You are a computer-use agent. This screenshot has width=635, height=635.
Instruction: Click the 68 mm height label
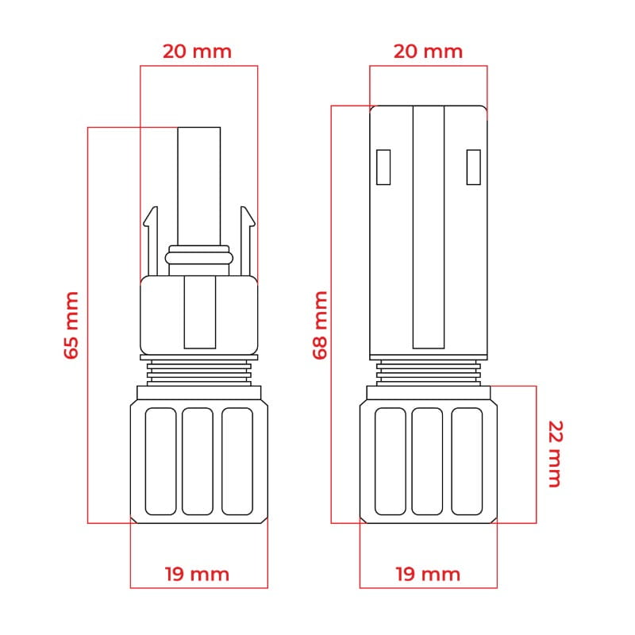[x=320, y=325]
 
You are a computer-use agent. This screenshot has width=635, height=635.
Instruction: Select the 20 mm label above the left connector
[x=197, y=52]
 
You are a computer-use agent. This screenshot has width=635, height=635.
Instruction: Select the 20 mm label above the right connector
[x=428, y=52]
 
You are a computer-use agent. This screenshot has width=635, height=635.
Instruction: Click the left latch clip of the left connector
[x=152, y=238]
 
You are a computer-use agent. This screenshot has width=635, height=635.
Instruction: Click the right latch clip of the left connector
[x=246, y=238]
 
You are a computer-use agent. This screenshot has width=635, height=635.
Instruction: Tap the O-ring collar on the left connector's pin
[x=198, y=258]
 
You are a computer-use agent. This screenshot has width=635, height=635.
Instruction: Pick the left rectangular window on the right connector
[x=383, y=167]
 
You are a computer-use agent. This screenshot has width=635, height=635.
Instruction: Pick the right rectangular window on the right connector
[x=474, y=167]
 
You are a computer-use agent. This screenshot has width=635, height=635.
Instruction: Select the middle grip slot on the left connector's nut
[x=198, y=460]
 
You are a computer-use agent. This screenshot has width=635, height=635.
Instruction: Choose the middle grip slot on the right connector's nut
[x=428, y=460]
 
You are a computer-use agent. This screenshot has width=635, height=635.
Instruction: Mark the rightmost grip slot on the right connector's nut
[x=467, y=460]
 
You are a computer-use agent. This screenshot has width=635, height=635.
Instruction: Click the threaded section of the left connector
[x=198, y=369]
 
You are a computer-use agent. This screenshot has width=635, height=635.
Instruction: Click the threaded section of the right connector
[x=429, y=369]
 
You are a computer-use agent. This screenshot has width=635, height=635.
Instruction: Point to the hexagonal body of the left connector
[x=159, y=315]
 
